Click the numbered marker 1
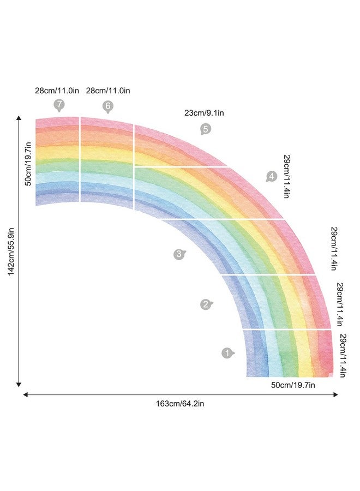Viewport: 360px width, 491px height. [x=227, y=353]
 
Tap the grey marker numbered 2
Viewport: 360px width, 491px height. [x=206, y=304]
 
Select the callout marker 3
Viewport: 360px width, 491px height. [x=179, y=254]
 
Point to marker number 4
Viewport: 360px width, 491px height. [x=271, y=176]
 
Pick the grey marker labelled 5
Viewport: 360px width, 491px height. [x=205, y=129]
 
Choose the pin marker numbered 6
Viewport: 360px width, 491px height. [x=107, y=106]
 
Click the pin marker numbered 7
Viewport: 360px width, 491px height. [x=59, y=105]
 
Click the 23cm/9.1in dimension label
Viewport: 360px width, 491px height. [x=204, y=113]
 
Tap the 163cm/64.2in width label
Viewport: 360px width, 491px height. [x=180, y=404]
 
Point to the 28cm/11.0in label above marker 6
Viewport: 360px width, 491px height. [x=108, y=91]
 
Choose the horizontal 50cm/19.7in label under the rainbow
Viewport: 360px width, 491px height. [x=293, y=385]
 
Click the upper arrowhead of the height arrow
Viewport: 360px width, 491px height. [x=19, y=118]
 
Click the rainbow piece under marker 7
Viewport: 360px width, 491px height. [x=57, y=161]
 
